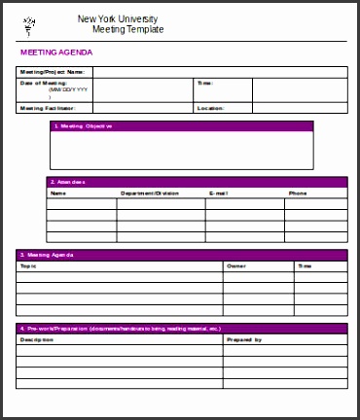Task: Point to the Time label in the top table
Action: (205, 84)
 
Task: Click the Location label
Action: (210, 108)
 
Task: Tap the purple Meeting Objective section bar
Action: (181, 126)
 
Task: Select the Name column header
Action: (58, 193)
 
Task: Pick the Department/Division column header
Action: (150, 193)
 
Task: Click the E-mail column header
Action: (219, 193)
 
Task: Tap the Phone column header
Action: (298, 193)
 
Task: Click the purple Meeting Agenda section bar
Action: (181, 255)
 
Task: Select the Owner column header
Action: (236, 265)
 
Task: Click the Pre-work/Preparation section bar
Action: (181, 329)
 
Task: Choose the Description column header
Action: (35, 340)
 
